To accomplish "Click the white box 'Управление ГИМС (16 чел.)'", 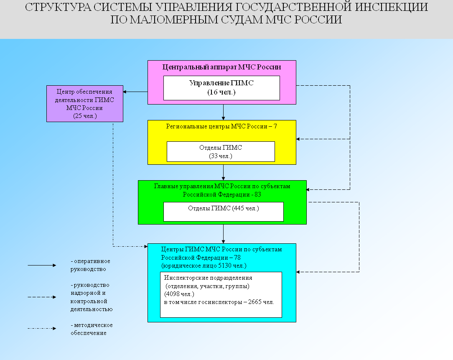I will [221, 88].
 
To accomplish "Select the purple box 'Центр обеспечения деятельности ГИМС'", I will [84, 103].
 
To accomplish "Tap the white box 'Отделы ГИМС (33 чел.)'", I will [221, 151].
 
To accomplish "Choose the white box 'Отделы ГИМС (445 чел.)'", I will [223, 212].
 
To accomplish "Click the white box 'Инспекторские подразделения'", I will [221, 295].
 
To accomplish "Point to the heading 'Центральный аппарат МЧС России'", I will [221, 67].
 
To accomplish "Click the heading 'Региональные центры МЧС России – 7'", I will [221, 126].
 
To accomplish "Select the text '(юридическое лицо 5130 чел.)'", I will [204, 266].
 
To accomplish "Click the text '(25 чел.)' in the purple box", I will [84, 116].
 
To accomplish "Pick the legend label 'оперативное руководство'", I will [90, 265].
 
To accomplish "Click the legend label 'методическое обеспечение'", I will [91, 329].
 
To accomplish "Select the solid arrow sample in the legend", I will [42, 265].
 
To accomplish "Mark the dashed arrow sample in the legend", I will [42, 297].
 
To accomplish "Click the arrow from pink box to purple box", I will [135, 92].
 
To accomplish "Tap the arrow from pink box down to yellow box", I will [223, 112].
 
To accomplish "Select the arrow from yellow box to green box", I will [223, 172].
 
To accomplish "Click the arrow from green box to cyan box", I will [223, 234].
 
